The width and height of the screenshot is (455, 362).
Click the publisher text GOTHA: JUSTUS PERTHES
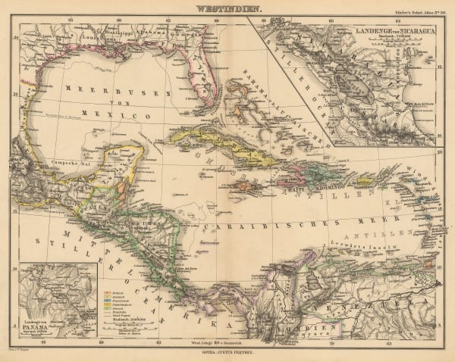[x=227, y=353]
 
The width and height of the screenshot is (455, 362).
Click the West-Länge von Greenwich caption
[x=227, y=342]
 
